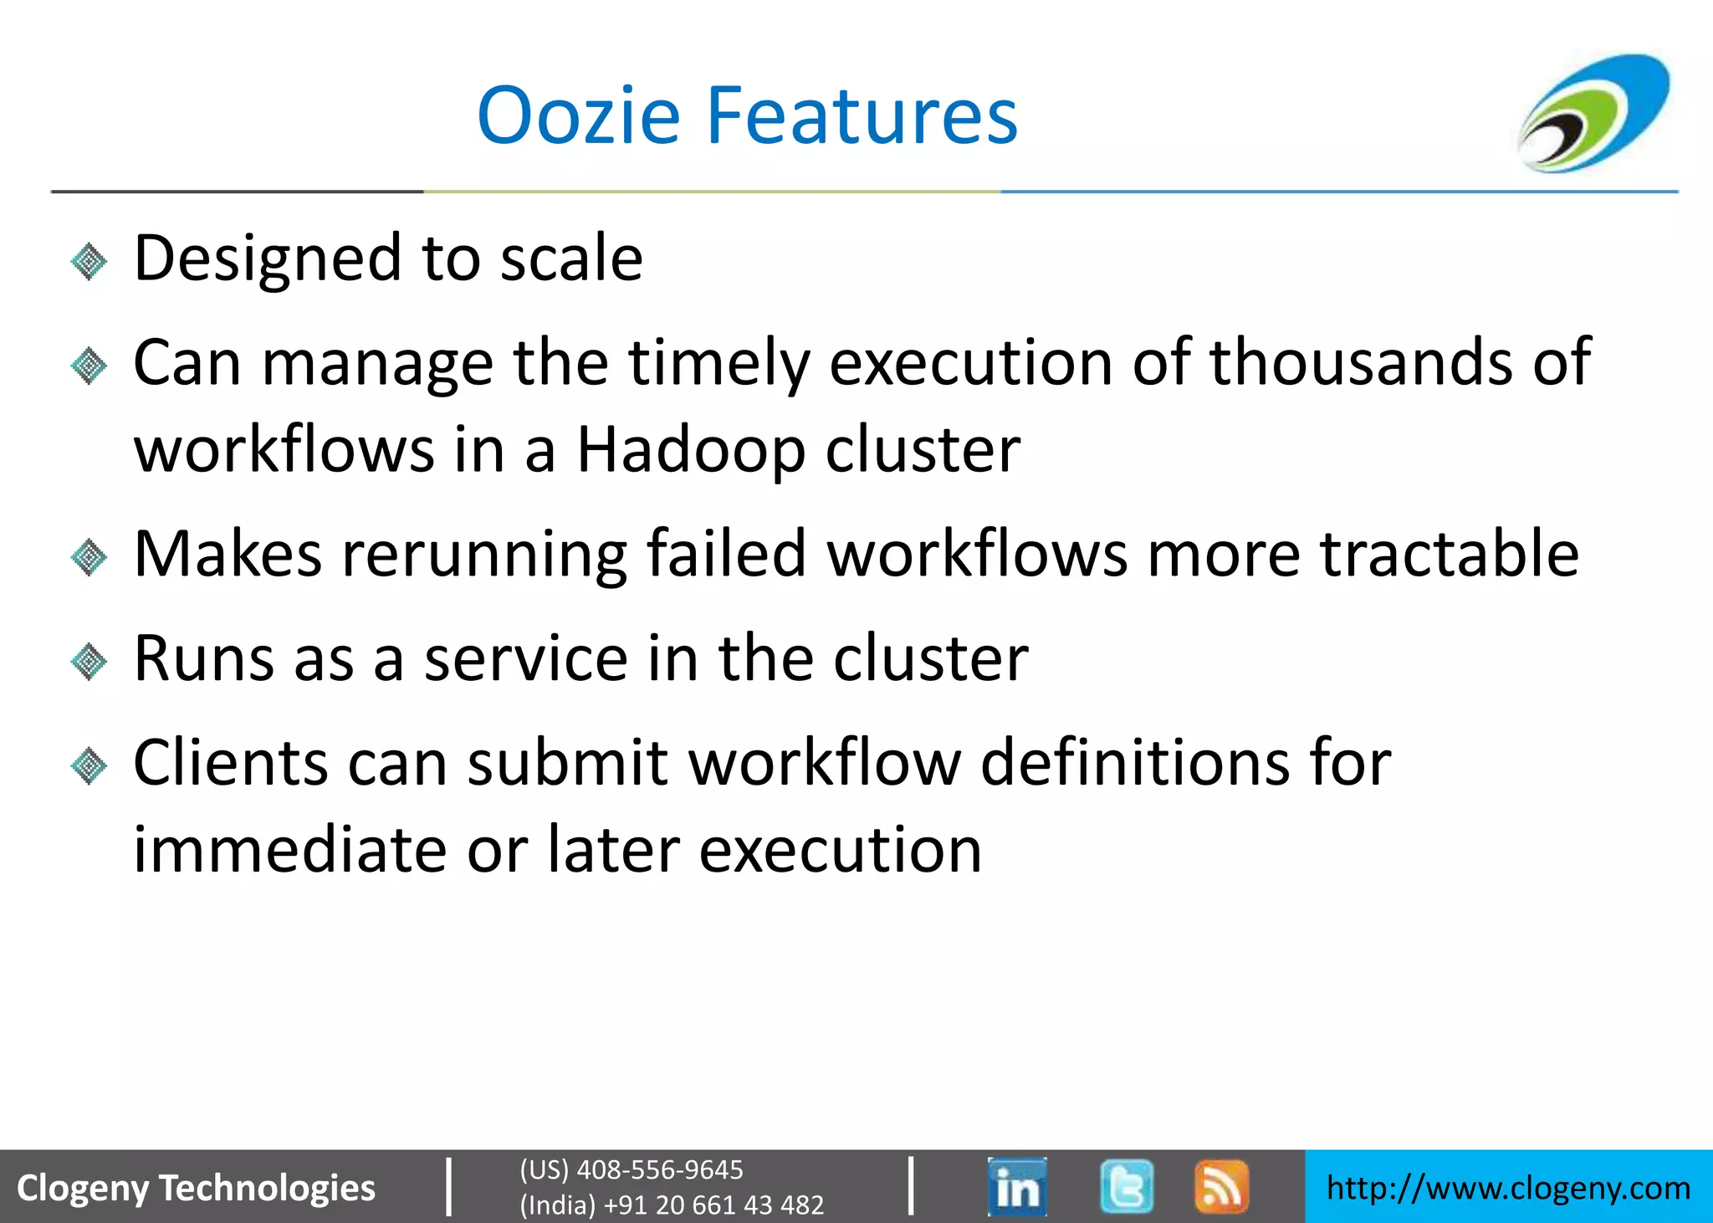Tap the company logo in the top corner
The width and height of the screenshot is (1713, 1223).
point(1593,113)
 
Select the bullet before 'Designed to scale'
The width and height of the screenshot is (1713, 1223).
point(89,262)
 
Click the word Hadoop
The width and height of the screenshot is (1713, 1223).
point(691,450)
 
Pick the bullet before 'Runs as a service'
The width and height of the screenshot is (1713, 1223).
point(89,663)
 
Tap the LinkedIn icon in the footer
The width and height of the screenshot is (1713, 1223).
point(1016,1186)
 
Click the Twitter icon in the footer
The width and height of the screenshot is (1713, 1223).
point(1127,1186)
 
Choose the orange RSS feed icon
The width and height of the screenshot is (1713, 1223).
point(1221,1186)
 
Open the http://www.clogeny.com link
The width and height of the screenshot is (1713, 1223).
point(1508,1188)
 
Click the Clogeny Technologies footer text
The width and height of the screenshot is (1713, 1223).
point(197,1188)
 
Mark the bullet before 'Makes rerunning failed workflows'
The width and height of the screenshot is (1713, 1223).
point(89,557)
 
